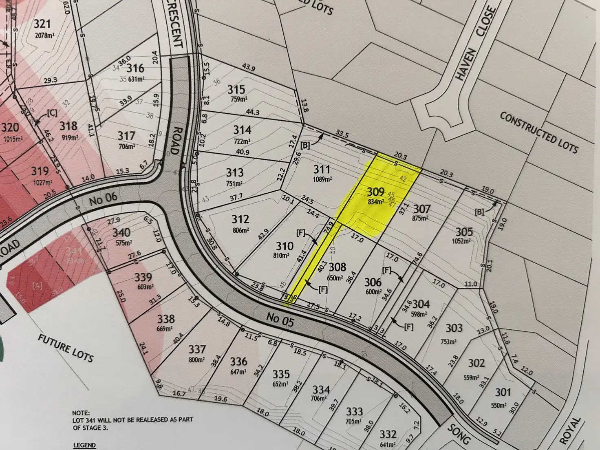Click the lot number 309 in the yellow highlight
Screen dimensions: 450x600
tap(375, 191)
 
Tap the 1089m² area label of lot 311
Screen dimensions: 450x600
tap(322, 179)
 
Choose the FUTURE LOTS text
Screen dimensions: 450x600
tap(66, 349)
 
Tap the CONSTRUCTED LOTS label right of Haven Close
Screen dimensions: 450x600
tap(539, 132)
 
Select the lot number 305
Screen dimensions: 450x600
tap(464, 232)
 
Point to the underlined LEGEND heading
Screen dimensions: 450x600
tap(84, 445)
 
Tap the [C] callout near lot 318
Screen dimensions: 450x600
tap(52, 113)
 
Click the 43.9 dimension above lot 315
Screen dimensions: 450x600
tap(248, 68)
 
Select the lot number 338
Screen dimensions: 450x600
tap(166, 319)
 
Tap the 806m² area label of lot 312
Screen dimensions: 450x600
tap(240, 230)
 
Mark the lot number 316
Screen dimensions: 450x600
tap(135, 68)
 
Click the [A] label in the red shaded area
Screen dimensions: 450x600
tap(37, 286)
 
